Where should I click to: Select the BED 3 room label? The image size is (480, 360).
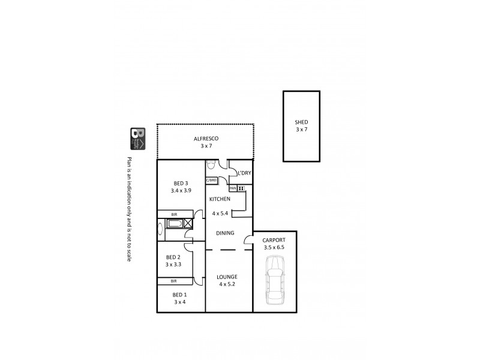point(181,183)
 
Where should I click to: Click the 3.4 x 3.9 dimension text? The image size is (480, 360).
point(181,191)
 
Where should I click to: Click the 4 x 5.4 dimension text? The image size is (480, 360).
point(220,213)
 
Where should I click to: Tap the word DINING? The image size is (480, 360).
point(226,234)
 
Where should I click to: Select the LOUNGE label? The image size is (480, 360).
point(227,277)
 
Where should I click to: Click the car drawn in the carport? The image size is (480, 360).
point(275,280)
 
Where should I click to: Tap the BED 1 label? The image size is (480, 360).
point(180,295)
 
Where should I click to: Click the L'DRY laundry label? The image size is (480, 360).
point(244,173)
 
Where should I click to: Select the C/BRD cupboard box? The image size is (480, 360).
point(211,180)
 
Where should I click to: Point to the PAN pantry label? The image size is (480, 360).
point(233,188)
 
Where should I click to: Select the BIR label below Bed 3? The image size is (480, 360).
point(174,214)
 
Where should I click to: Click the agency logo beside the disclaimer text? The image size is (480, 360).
point(137,139)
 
